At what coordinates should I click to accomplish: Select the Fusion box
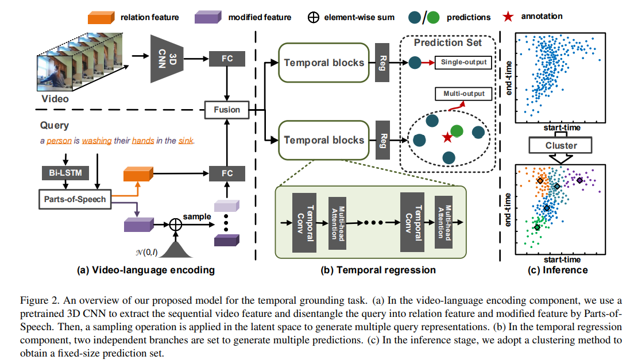click(227, 109)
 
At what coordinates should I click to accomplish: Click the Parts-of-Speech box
click(75, 199)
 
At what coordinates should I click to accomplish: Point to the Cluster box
click(561, 145)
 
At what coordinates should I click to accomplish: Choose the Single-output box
click(464, 61)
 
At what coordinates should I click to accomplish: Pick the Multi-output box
click(464, 93)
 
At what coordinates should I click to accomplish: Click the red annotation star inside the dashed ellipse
click(446, 137)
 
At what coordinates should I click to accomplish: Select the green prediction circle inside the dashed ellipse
click(456, 131)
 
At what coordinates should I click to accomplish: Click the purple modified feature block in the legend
click(208, 17)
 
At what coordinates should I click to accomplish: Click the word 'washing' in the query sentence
click(97, 140)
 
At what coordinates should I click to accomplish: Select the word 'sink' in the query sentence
click(186, 140)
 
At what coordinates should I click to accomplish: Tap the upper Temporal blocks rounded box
click(324, 62)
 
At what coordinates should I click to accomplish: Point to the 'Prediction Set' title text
click(447, 42)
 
